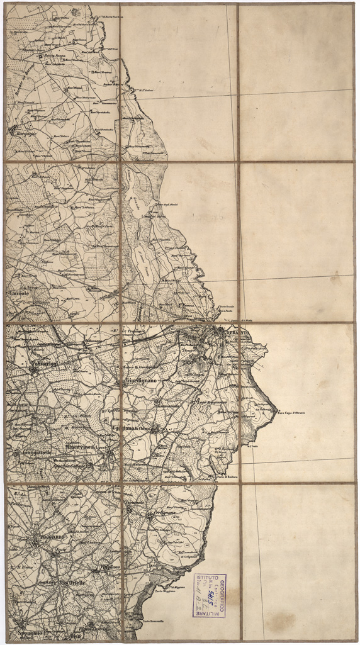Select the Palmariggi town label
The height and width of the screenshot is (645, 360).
point(43,364)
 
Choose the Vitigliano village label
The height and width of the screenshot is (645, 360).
point(110,567)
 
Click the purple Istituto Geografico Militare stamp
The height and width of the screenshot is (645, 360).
point(209,594)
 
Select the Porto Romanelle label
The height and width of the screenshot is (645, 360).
point(154,622)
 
